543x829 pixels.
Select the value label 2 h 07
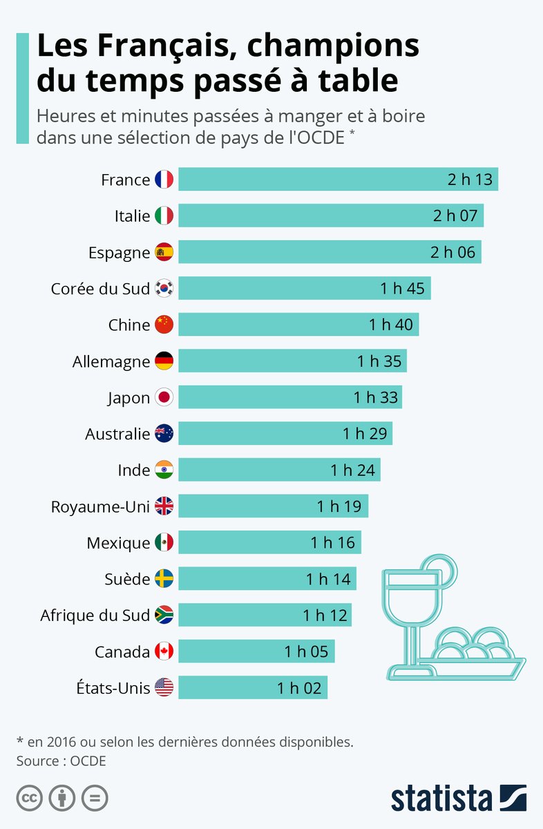pos(455,216)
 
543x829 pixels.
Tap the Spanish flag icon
pos(164,252)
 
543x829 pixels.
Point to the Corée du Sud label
pos(100,289)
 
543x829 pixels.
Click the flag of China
pos(164,325)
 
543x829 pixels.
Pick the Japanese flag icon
pos(164,397)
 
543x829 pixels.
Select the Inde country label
pos(134,470)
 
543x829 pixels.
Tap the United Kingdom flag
pos(164,506)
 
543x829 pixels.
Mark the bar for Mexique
pos(269,542)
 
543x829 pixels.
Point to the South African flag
pos(164,615)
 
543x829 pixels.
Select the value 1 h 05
pos(306,651)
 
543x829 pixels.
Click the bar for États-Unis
pos(253,687)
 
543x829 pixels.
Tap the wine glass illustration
pos(413,608)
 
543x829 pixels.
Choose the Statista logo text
pos(442,798)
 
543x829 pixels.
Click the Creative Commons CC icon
pos(29,798)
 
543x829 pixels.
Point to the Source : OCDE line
pos(61,761)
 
